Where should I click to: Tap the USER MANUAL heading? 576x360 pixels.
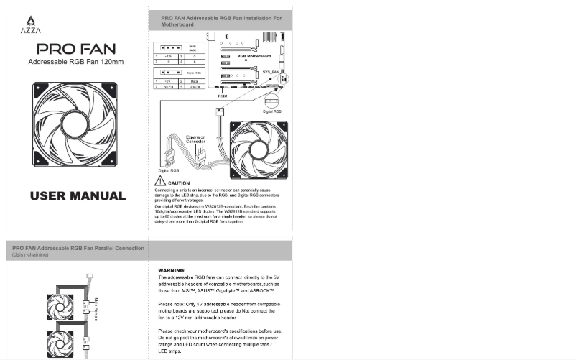[78, 195]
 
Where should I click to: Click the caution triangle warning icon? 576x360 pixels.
[161, 183]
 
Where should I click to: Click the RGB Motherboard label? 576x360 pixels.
[255, 55]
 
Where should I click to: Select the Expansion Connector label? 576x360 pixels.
[195, 139]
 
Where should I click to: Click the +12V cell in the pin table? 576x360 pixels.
[169, 56]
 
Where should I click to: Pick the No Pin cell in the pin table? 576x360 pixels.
[169, 86]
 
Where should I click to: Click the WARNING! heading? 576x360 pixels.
[172, 270]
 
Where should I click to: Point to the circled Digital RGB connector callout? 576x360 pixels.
[272, 102]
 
